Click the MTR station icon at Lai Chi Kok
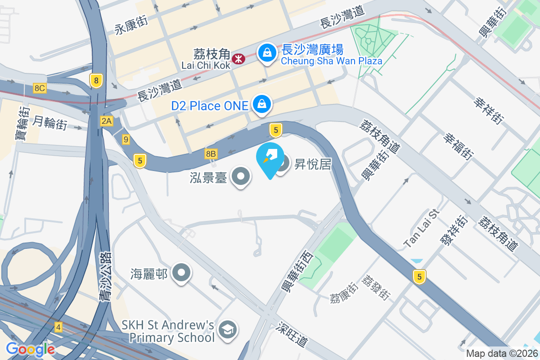(x=238, y=58)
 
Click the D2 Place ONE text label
(x=210, y=106)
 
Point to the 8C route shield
(x=40, y=88)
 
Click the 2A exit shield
(x=107, y=121)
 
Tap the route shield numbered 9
(x=126, y=140)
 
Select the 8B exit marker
(x=211, y=154)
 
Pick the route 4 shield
(x=58, y=327)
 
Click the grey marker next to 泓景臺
(x=241, y=176)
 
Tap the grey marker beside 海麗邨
(x=182, y=272)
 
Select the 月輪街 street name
(x=50, y=122)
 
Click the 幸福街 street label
(x=458, y=146)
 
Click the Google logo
(x=30, y=349)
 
